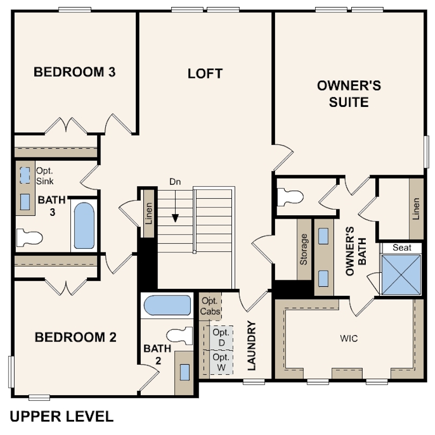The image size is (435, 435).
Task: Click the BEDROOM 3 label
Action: tap(74, 72)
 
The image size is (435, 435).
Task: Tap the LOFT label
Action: tap(205, 74)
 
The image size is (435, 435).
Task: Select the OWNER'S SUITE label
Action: tap(349, 94)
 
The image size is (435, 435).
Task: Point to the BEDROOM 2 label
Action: tap(75, 337)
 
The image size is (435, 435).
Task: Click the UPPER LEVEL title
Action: tap(62, 416)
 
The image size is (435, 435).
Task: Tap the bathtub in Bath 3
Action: tap(84, 226)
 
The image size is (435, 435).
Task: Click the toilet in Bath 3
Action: tap(30, 237)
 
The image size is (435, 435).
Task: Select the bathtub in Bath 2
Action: tap(167, 305)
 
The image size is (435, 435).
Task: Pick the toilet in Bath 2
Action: tap(179, 336)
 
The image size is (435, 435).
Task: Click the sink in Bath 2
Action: tap(185, 372)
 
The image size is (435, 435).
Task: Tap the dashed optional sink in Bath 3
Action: tap(25, 175)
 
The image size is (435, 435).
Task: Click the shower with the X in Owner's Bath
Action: tap(401, 274)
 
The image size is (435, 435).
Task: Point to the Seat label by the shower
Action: tap(402, 248)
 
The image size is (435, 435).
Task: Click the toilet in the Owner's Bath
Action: tap(290, 197)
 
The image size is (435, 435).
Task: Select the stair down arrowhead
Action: tap(175, 219)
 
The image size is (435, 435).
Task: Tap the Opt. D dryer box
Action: tap(221, 338)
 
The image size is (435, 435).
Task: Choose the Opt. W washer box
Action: tap(221, 362)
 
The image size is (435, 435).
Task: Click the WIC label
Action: tap(349, 338)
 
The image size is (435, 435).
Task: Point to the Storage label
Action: tap(304, 249)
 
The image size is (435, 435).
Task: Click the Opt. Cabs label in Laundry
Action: tap(211, 306)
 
